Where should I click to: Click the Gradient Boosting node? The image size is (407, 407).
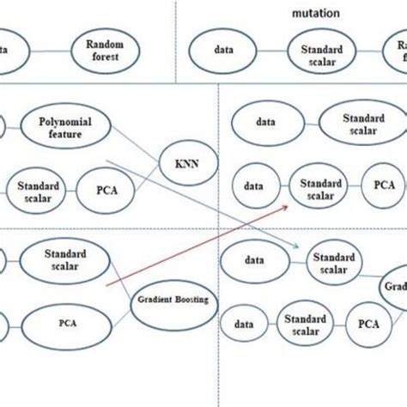tap(175, 301)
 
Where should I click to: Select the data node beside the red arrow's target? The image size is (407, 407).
tap(253, 185)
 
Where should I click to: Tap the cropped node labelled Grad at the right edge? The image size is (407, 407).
tap(396, 289)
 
